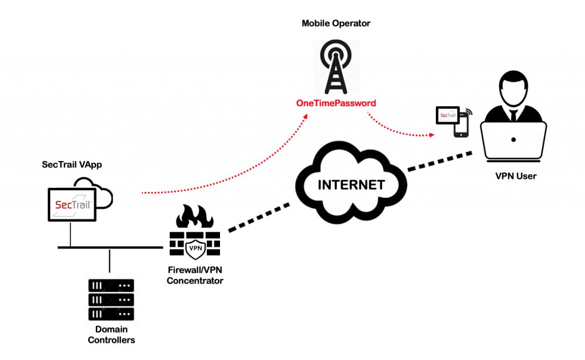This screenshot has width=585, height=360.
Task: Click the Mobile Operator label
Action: [336, 24]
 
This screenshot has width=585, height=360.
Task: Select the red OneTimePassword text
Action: [336, 103]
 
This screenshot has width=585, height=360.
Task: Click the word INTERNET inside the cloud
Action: [351, 185]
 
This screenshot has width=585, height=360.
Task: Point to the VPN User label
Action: [516, 177]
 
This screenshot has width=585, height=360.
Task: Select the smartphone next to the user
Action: [461, 125]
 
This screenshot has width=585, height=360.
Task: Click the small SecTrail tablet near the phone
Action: [447, 115]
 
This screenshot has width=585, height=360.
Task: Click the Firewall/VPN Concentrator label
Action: [195, 276]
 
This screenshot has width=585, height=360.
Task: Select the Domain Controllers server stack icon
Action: [111, 300]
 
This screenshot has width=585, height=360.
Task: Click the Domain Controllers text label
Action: [111, 335]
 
